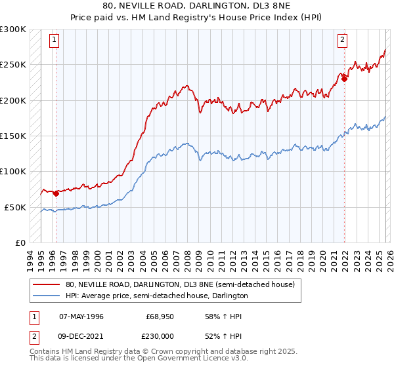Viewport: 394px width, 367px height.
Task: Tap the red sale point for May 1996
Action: [56, 193]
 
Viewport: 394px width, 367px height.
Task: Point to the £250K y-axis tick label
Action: [13, 65]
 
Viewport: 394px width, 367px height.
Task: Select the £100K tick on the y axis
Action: [13, 171]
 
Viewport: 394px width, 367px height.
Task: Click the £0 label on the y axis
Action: [20, 242]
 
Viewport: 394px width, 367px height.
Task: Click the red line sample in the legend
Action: [47, 285]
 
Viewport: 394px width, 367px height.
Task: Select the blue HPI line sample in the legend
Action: [47, 296]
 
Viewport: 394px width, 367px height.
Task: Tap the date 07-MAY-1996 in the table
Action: [81, 317]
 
